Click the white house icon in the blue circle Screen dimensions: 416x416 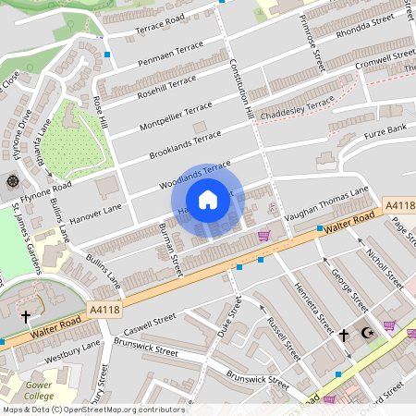tap(208, 200)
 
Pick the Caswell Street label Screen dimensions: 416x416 tap(150, 324)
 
